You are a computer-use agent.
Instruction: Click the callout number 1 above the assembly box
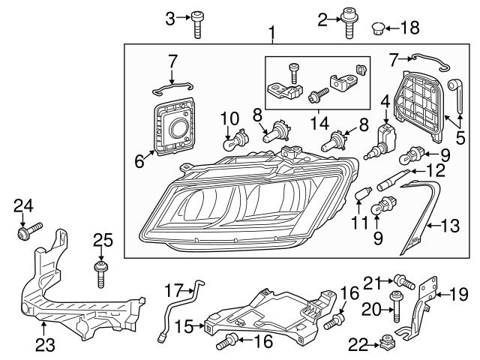271,33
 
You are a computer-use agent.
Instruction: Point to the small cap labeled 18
379,28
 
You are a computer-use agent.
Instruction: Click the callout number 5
460,138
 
